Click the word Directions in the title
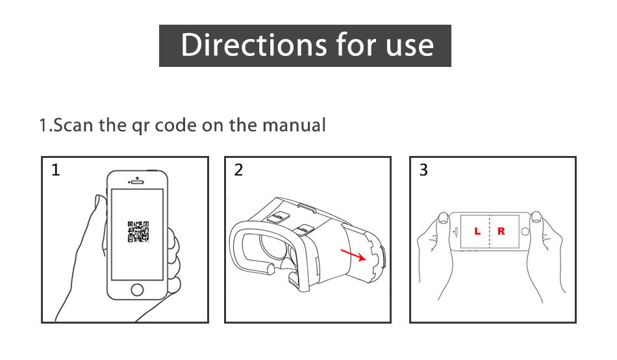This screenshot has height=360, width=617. coord(254,45)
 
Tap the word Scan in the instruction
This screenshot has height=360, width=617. coord(73,125)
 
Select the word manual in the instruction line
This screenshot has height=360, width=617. coord(294,125)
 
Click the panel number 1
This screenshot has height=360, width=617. coord(55,170)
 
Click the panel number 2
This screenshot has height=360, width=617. coord(238,170)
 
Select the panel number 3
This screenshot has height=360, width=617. coord(423,170)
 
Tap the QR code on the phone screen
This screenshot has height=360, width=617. coord(138,231)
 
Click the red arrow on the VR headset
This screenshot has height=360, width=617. coord(353,255)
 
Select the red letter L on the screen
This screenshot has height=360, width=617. coord(477,231)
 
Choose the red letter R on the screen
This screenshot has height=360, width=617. coord(501,231)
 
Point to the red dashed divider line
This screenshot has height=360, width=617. coord(490,231)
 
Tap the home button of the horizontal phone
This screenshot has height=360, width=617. coord(525,231)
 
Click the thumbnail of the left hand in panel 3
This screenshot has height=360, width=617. coord(444,218)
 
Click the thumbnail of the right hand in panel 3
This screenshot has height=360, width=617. coord(536,217)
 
